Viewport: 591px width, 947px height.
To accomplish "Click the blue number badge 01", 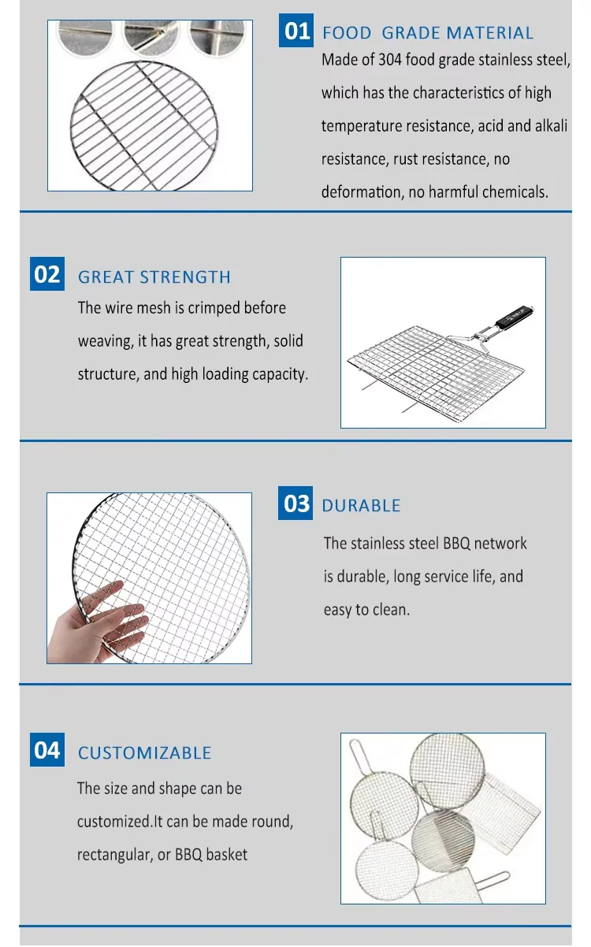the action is (x=296, y=30).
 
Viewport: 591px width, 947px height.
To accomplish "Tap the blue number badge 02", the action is (x=47, y=273).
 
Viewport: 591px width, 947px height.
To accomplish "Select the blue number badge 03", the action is (x=295, y=503).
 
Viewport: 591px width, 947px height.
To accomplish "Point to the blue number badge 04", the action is (x=47, y=749).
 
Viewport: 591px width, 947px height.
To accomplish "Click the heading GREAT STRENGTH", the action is (x=154, y=277).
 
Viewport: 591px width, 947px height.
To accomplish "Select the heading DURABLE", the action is (x=361, y=506).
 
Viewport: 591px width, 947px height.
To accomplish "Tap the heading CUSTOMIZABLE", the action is (x=144, y=753).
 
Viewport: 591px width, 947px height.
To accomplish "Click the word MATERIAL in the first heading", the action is (x=490, y=33).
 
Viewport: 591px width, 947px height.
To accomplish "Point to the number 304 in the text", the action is (x=390, y=60).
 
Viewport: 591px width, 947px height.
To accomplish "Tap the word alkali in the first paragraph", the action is (x=552, y=125).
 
